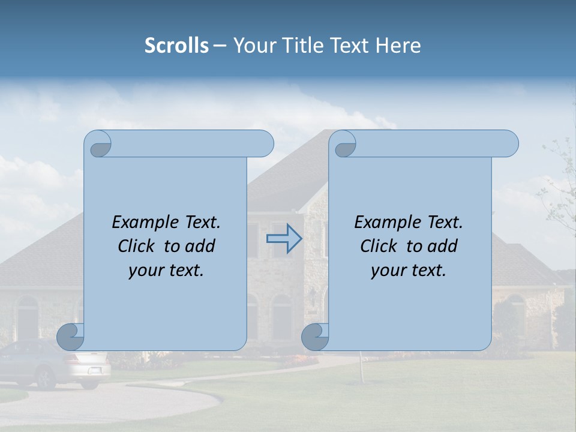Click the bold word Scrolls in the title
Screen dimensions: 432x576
[176, 46]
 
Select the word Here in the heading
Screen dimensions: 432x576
[398, 46]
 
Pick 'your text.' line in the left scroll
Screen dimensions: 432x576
[166, 271]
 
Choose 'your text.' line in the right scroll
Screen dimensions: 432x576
[409, 271]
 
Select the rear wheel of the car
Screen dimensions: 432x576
[46, 378]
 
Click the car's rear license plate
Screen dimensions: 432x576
[95, 371]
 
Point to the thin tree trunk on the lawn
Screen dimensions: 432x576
[361, 366]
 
